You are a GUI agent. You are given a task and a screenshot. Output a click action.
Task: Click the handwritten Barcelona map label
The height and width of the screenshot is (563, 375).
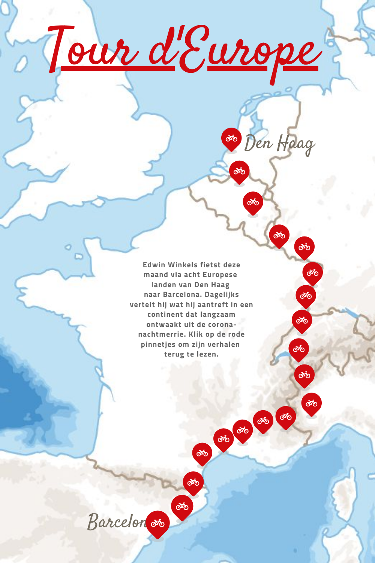click(116, 522)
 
